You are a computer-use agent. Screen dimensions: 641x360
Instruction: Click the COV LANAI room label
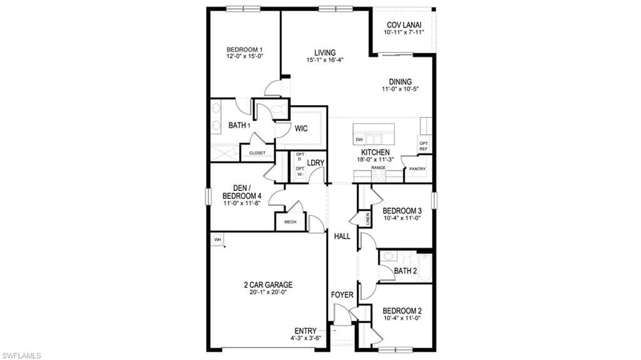(x=404, y=25)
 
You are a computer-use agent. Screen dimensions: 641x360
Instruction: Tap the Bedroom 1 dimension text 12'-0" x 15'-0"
(x=245, y=56)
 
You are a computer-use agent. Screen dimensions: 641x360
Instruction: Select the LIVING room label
(x=325, y=53)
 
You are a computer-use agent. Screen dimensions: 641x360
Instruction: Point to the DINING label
(x=400, y=82)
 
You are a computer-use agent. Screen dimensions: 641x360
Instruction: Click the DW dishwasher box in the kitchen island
(x=359, y=140)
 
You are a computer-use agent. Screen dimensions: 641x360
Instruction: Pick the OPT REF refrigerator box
(x=424, y=146)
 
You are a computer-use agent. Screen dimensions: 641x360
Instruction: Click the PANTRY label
(x=418, y=169)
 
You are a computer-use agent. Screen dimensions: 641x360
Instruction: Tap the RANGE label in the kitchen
(x=378, y=168)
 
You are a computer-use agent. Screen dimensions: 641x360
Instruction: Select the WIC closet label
(x=301, y=128)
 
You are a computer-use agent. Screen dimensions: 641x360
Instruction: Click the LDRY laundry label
(x=315, y=162)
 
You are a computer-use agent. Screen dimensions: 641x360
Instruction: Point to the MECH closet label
(x=290, y=222)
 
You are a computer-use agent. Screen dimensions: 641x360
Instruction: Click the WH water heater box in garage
(x=217, y=239)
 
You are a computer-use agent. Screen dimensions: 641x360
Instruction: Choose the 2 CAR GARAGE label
(x=268, y=285)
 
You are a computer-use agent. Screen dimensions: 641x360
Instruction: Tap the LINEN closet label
(x=368, y=219)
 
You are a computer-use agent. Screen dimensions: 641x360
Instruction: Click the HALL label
(x=342, y=236)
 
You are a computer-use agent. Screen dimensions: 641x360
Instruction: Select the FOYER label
(x=342, y=294)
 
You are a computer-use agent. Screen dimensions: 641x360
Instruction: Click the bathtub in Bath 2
(x=424, y=267)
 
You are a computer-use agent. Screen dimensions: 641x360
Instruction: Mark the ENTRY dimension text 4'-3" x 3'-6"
(x=305, y=338)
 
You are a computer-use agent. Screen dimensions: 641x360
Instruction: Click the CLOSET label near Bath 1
(x=257, y=153)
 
